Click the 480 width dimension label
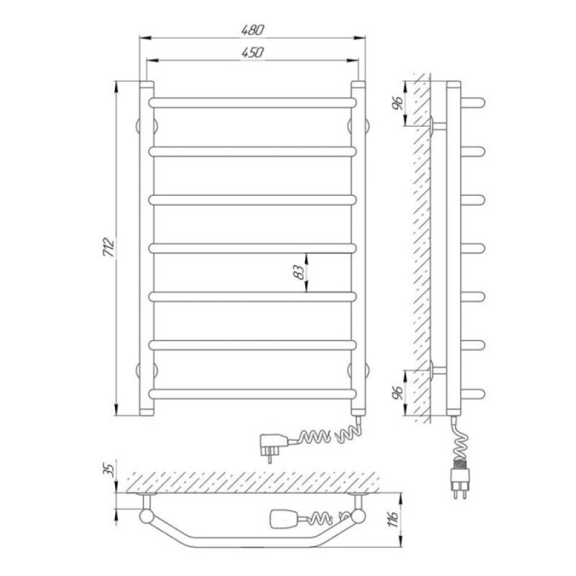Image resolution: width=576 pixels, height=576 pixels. pyautogui.click(x=252, y=29)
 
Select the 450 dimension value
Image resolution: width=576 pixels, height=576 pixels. pyautogui.click(x=252, y=52)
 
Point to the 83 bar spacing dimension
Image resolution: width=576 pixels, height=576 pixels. pyautogui.click(x=301, y=272)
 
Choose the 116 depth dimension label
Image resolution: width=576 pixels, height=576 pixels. pyautogui.click(x=394, y=518)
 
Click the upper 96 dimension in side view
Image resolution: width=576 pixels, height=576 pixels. pyautogui.click(x=397, y=103)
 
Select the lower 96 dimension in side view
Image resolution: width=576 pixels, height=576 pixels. pyautogui.click(x=397, y=393)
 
